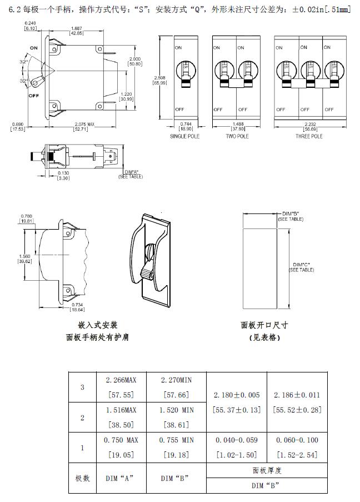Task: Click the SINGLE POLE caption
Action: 184,136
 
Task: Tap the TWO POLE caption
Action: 236,136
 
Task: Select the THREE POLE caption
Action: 309,136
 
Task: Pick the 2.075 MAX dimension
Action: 81,126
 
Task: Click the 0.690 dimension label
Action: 17,126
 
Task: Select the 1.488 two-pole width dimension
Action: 236,126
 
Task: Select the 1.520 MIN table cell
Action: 177,410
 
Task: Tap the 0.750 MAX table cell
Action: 121,440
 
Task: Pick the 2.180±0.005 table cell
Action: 237,395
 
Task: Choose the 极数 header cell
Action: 82,478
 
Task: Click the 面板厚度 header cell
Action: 267,470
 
